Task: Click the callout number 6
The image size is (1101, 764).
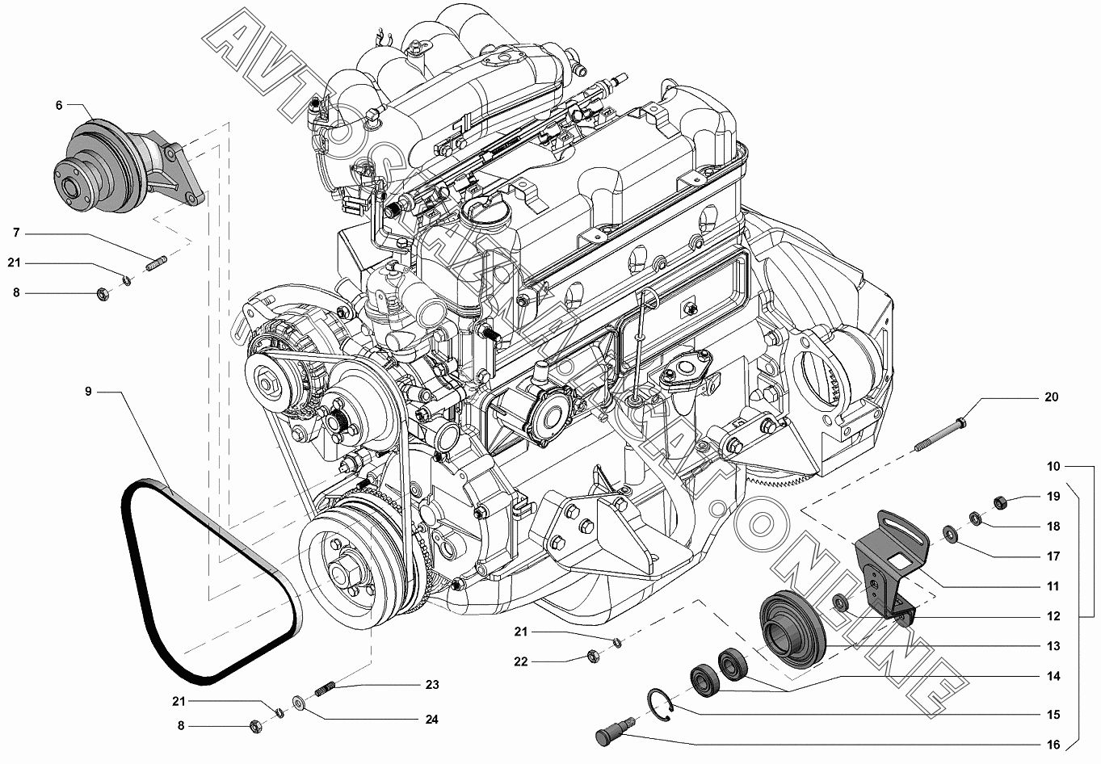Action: click(59, 105)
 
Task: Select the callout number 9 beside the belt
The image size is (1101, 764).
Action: click(89, 392)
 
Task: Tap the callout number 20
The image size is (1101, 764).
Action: click(1051, 397)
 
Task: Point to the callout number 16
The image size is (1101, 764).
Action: click(1053, 745)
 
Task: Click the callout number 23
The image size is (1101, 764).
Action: click(432, 684)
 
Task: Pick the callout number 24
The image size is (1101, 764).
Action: click(431, 720)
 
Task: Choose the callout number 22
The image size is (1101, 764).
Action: click(520, 661)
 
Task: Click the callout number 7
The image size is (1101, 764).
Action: click(16, 233)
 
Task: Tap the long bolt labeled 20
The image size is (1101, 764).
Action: click(939, 434)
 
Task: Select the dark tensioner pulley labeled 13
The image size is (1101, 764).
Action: click(792, 629)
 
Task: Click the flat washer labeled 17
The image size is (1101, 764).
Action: click(948, 534)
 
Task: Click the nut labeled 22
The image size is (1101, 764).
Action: click(593, 656)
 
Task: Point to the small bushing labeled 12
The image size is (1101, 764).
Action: click(839, 602)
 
